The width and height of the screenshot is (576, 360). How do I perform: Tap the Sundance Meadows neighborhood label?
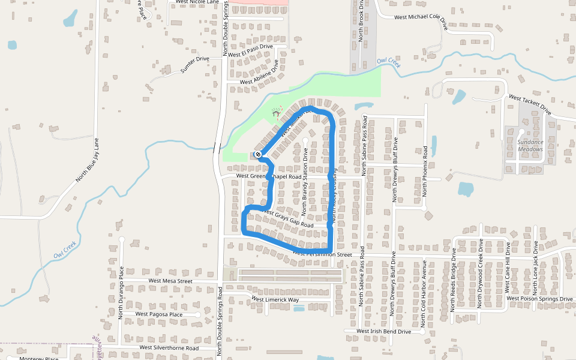tap(530, 146)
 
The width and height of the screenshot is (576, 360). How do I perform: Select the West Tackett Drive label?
tap(529, 104)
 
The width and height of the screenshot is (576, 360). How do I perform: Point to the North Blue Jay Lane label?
tap(86, 160)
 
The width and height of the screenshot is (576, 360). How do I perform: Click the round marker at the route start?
tap(258, 155)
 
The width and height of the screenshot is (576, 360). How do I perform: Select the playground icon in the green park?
tap(276, 112)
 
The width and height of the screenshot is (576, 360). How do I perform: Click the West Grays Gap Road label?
tap(288, 218)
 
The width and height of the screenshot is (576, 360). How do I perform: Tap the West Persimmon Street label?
tap(322, 254)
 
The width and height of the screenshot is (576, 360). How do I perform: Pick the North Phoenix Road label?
tap(425, 178)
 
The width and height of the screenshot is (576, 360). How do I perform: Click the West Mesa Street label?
tap(170, 281)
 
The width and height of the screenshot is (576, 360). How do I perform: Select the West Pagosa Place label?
tap(158, 314)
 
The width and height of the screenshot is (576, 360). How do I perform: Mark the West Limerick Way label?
tap(275, 299)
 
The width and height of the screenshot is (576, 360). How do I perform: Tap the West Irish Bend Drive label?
tap(383, 331)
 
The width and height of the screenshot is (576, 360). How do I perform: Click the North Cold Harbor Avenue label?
tap(424, 287)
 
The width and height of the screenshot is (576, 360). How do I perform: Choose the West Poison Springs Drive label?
tap(539, 298)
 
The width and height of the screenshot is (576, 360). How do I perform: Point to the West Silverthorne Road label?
tap(169, 347)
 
